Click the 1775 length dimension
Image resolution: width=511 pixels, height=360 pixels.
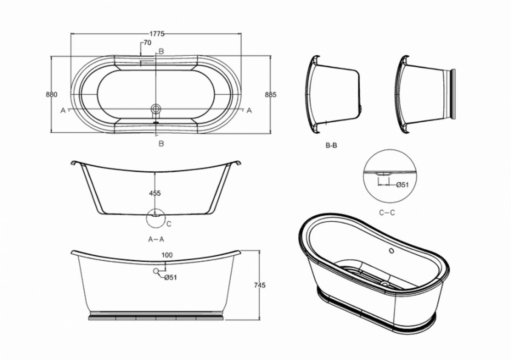point(157,34)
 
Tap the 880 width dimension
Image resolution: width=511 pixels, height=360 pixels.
point(52,94)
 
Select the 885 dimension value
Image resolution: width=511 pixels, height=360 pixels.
point(270,94)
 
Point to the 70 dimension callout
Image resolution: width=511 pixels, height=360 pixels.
point(148,43)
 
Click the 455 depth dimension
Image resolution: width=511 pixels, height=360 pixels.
point(155,193)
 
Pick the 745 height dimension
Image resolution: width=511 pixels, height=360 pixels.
point(260,285)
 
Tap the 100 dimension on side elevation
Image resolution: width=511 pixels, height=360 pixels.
point(167,255)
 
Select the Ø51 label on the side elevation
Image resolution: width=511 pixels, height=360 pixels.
point(171,277)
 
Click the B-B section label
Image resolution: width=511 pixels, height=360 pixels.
point(331,145)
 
